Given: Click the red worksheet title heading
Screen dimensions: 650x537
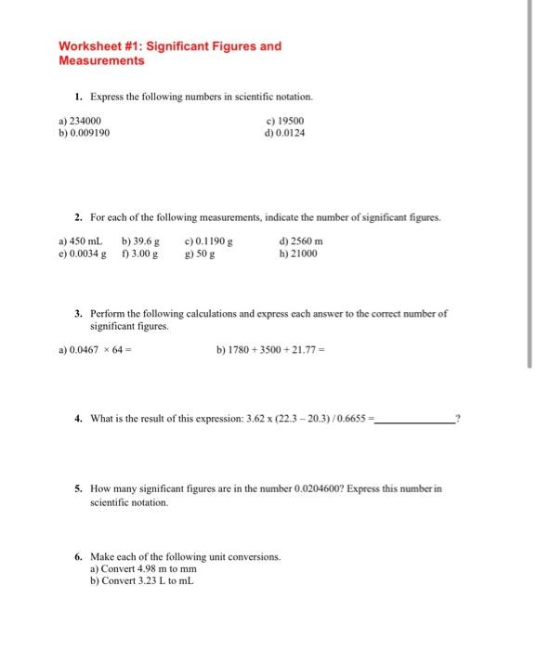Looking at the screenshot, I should tap(169, 53).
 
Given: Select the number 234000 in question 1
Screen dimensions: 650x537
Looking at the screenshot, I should tap(86, 121).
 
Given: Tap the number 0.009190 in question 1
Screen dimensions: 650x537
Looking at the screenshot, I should tap(90, 133).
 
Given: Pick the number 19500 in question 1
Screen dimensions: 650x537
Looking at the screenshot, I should tap(290, 121).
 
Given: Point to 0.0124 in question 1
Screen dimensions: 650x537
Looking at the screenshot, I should tap(291, 133).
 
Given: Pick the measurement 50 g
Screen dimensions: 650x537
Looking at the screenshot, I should tap(199, 253).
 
